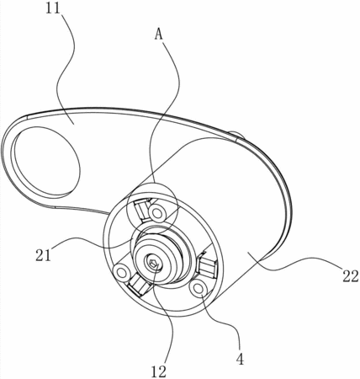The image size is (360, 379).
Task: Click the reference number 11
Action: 53,8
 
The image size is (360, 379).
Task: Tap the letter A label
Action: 159,35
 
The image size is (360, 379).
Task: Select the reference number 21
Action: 43,255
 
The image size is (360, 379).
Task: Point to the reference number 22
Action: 350,276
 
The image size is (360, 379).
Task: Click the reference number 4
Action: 240,359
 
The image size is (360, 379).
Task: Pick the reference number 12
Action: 159,371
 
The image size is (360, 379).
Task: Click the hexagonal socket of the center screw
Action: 153,264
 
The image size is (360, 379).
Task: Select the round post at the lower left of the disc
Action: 122,272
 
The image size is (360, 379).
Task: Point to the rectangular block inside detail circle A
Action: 141,208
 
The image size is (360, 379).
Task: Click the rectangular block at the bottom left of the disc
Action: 138,285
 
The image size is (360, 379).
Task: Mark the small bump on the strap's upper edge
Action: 237,136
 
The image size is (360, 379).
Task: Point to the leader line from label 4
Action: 225,323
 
